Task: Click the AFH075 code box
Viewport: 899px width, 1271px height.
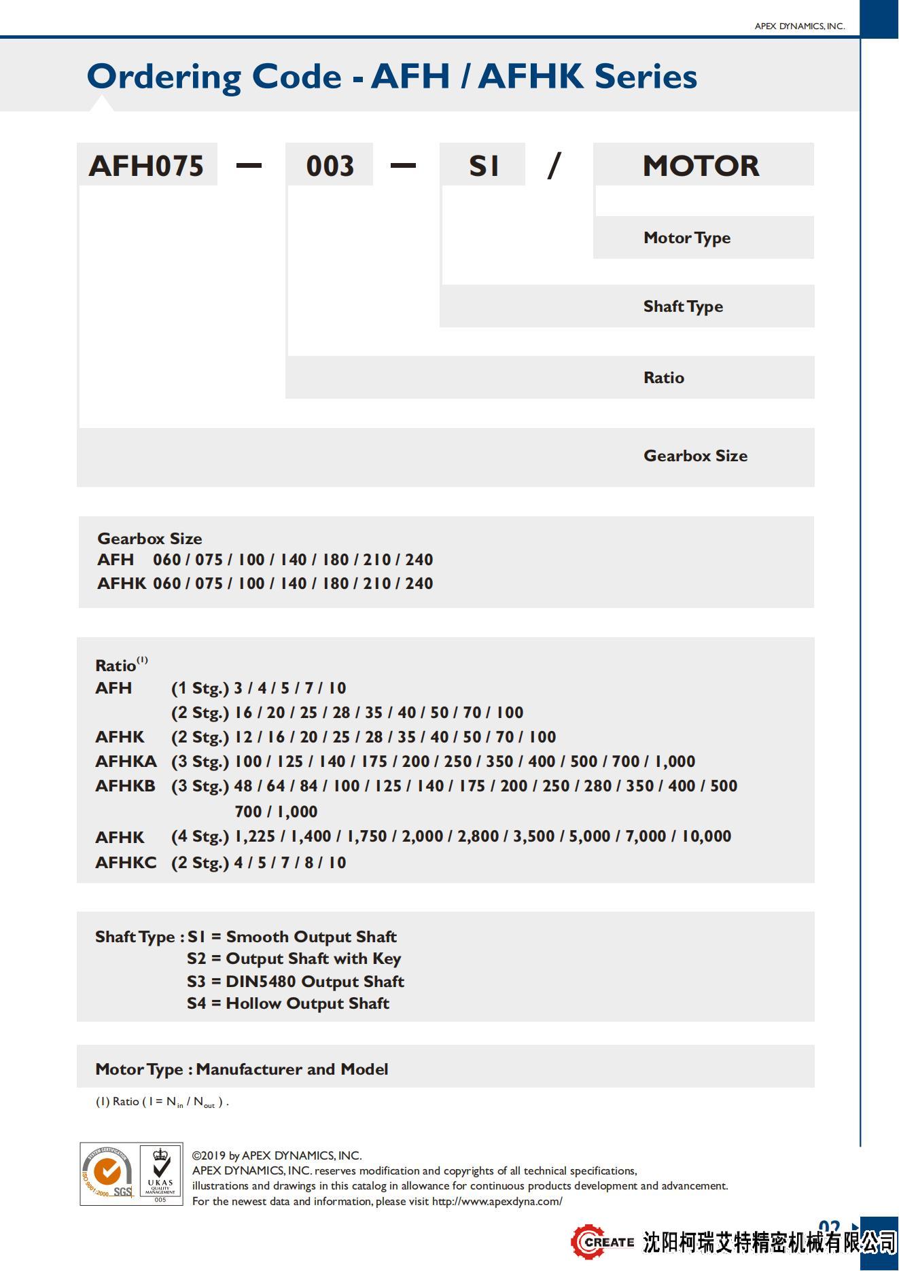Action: (x=146, y=166)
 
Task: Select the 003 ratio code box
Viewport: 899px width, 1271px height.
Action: (x=330, y=166)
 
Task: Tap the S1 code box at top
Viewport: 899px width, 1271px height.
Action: (x=483, y=166)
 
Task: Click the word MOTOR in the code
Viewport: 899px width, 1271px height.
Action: (x=701, y=166)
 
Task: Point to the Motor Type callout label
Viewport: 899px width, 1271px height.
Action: (x=687, y=238)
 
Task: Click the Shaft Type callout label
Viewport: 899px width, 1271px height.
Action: (x=683, y=306)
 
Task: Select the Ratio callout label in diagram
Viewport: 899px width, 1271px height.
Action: (x=664, y=378)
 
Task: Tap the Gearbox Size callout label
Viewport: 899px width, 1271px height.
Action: (x=695, y=456)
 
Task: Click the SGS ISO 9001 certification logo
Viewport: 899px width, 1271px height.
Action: (x=108, y=1174)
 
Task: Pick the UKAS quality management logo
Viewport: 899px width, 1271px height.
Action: (x=160, y=1174)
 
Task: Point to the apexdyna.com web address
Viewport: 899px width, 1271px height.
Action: (x=497, y=1201)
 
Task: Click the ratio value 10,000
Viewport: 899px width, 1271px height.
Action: (x=706, y=836)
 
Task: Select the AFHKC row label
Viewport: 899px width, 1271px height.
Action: (x=126, y=863)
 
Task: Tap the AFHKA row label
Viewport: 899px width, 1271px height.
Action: (x=126, y=762)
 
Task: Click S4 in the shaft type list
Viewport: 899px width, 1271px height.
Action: (x=196, y=1003)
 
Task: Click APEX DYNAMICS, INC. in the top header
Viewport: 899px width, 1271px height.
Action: (x=799, y=26)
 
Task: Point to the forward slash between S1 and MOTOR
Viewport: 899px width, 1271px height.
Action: (x=554, y=166)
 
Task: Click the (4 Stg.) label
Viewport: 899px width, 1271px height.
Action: (x=200, y=836)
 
